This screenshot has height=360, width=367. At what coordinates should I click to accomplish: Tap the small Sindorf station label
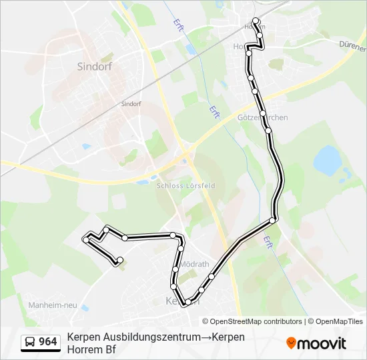(x=131, y=104)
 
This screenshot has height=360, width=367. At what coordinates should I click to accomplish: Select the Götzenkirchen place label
(x=263, y=117)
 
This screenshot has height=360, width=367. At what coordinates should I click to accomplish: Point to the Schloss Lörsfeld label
(x=186, y=186)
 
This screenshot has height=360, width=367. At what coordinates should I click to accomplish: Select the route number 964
(x=47, y=342)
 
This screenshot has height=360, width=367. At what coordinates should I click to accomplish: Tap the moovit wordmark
(x=322, y=343)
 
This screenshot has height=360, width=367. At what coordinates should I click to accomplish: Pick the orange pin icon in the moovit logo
(x=291, y=343)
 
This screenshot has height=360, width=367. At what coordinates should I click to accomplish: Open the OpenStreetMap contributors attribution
(x=252, y=321)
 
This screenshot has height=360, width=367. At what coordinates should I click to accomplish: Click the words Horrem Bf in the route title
(x=91, y=349)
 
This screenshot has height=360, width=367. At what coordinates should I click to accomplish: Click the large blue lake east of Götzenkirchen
(x=326, y=159)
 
